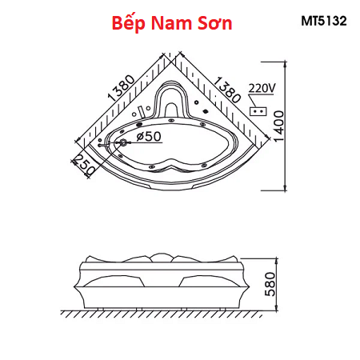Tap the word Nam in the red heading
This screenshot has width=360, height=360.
(x=171, y=23)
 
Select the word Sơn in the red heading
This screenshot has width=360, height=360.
(x=215, y=23)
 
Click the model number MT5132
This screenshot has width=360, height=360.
(x=324, y=21)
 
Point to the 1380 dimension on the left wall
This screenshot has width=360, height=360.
(x=121, y=88)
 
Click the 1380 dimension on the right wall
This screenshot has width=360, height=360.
(x=226, y=90)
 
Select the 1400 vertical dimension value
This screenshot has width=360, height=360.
(x=279, y=126)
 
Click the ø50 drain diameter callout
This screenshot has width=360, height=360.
(x=149, y=137)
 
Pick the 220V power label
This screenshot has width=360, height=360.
(x=261, y=88)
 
